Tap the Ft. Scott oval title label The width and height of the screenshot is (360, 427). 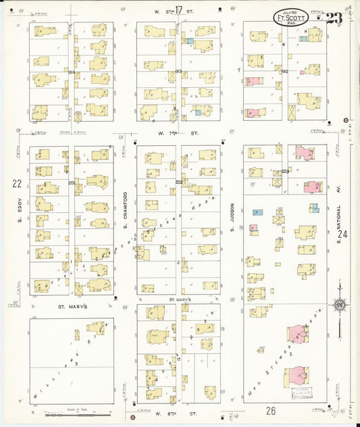tap(291, 18)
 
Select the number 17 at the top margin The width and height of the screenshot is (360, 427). tap(178, 9)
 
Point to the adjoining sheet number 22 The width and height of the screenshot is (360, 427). tap(16, 183)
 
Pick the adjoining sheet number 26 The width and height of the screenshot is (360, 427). tap(271, 410)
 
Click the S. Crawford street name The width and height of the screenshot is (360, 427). tap(126, 203)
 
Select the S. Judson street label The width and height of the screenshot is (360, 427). tap(231, 215)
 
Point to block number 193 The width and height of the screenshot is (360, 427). tap(178, 71)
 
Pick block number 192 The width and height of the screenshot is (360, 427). tap(284, 71)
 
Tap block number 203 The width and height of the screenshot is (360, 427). tap(285, 171)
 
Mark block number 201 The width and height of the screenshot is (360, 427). tap(72, 182)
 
